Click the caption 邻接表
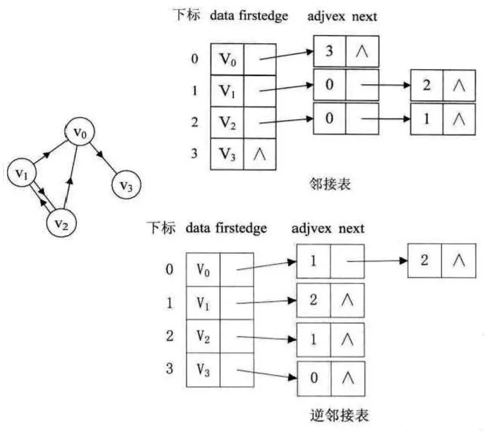click(327, 184)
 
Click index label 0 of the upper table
click(195, 59)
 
